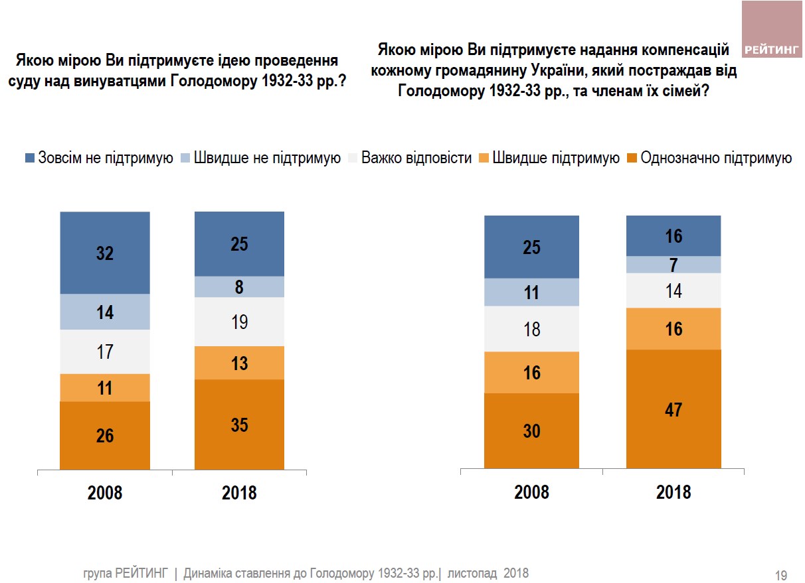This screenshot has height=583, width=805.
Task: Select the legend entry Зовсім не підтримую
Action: click(x=99, y=158)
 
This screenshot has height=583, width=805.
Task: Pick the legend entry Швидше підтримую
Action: click(x=549, y=158)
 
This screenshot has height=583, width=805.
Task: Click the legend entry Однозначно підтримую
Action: click(x=709, y=158)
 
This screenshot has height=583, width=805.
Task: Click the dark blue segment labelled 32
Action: click(x=105, y=253)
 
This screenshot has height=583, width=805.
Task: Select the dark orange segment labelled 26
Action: click(x=105, y=435)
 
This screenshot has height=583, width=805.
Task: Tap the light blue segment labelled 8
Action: click(x=239, y=287)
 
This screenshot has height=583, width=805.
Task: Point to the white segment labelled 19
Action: click(x=239, y=322)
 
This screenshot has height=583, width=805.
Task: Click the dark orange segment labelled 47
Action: click(x=673, y=409)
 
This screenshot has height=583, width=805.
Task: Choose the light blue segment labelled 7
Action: click(x=673, y=265)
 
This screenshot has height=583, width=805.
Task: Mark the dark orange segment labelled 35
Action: click(x=239, y=424)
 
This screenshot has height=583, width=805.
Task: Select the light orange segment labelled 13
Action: click(x=239, y=363)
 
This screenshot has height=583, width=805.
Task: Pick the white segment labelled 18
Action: click(x=531, y=329)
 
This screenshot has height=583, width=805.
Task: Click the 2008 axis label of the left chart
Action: click(x=105, y=493)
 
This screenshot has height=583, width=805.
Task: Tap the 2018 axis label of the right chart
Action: click(x=673, y=492)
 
